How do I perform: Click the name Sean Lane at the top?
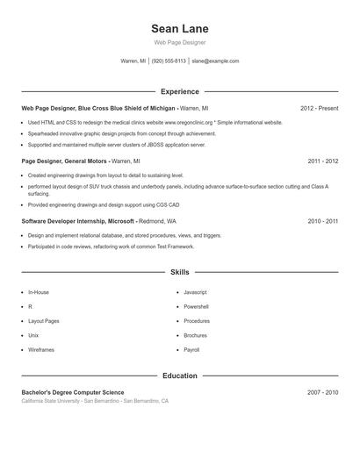pos(179,29)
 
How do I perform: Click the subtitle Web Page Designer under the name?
pos(179,42)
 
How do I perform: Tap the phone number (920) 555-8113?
pos(169,61)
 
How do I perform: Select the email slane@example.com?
pos(215,61)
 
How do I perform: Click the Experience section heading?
pos(179,91)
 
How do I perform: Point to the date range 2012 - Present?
pos(319,108)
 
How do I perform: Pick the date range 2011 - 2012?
pos(323,161)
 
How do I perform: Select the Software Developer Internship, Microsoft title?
pos(78,221)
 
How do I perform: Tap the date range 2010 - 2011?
pos(323,221)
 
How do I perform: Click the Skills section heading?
pos(179,273)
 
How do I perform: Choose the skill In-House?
pos(39,292)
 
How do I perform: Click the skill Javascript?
pos(195,292)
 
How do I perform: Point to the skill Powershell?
pos(196,306)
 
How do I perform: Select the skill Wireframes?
pos(41,349)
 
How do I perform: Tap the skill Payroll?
pos(191,349)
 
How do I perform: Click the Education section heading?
pos(179,376)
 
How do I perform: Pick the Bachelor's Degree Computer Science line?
pos(73,392)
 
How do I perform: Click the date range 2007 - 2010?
pos(323,392)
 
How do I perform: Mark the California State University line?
pos(95,401)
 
